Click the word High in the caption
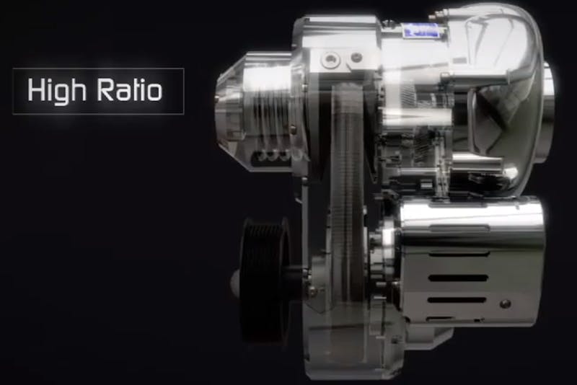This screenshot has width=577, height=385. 57,91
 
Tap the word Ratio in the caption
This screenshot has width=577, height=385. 129,89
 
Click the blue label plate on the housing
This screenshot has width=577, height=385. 421,30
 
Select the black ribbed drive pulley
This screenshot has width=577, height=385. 264,281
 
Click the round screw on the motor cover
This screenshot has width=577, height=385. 506,304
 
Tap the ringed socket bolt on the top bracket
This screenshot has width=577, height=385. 330,59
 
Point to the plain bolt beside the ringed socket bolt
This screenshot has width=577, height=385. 356,58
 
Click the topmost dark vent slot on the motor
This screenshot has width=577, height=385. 459,254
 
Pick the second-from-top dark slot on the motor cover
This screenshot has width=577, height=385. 458,278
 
